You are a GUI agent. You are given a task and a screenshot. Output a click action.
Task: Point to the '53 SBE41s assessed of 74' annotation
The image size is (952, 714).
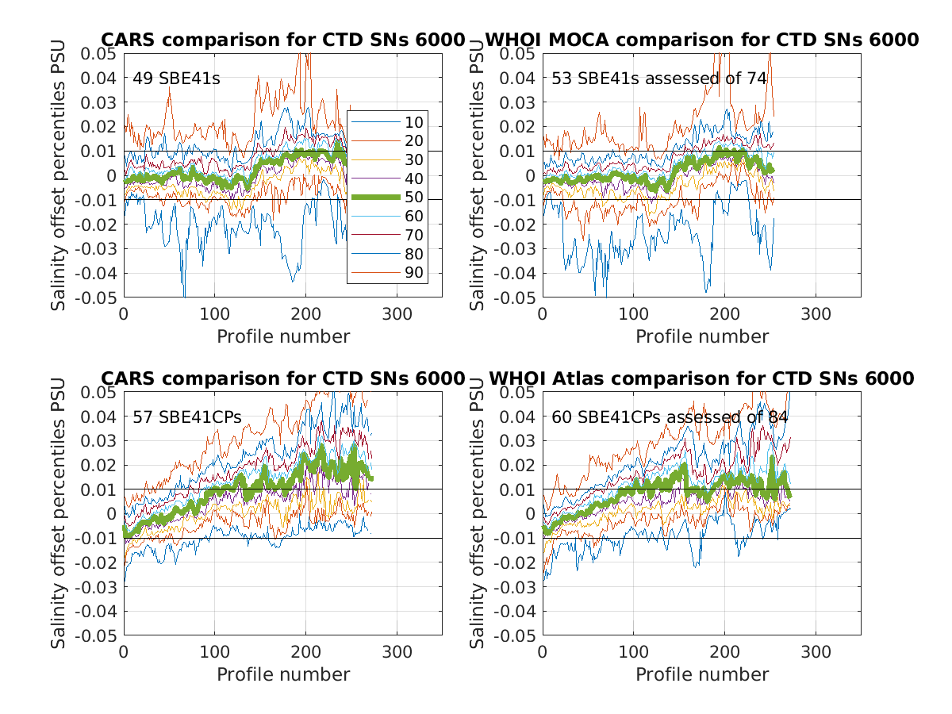coord(659,79)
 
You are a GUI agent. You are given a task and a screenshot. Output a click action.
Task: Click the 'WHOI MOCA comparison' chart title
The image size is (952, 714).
coord(701,40)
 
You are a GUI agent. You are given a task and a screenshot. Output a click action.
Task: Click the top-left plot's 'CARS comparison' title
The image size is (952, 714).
coord(282,40)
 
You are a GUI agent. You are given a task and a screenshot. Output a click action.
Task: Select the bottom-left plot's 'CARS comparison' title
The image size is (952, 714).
coord(282,378)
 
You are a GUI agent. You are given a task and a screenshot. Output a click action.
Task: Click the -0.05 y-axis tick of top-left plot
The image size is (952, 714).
coord(96,298)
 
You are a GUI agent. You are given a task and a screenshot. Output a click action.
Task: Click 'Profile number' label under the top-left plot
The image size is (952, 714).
coord(283,336)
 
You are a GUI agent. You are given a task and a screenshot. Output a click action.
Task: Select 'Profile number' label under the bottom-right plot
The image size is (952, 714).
coord(702,674)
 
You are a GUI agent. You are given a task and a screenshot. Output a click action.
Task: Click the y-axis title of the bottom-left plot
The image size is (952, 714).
coord(59,513)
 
